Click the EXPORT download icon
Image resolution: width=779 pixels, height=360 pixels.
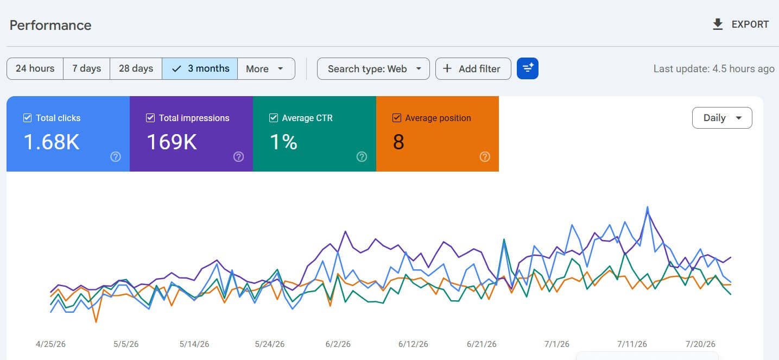coord(718,24)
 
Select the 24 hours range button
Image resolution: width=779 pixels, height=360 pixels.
coord(35,68)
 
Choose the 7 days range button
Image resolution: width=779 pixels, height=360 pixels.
coord(87,68)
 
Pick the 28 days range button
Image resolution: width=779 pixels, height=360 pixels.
coord(136,68)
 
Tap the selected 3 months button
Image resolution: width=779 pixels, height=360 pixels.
coord(200,68)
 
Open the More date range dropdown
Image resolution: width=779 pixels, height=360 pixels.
coord(266,68)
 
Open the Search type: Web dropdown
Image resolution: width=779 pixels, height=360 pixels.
coord(373,68)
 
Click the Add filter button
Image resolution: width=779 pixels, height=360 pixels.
coord(473,68)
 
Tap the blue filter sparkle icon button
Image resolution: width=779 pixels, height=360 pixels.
coord(527,68)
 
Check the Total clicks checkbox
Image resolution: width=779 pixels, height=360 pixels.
coord(27,118)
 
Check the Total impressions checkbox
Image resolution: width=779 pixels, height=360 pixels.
coord(150,118)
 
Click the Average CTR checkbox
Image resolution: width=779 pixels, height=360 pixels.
coord(274,118)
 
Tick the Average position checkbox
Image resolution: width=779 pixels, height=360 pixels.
coord(396,118)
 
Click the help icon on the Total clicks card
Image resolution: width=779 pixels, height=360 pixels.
coord(116,157)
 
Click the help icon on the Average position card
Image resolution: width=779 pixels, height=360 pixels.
coord(485,157)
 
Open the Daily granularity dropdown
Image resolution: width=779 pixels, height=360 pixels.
coord(722,118)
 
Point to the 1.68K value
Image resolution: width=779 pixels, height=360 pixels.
coord(52,142)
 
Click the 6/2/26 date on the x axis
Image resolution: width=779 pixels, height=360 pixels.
coord(338,344)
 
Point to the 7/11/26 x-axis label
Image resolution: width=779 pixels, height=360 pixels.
coord(632,344)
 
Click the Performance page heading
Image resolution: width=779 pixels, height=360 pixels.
coord(50,26)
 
